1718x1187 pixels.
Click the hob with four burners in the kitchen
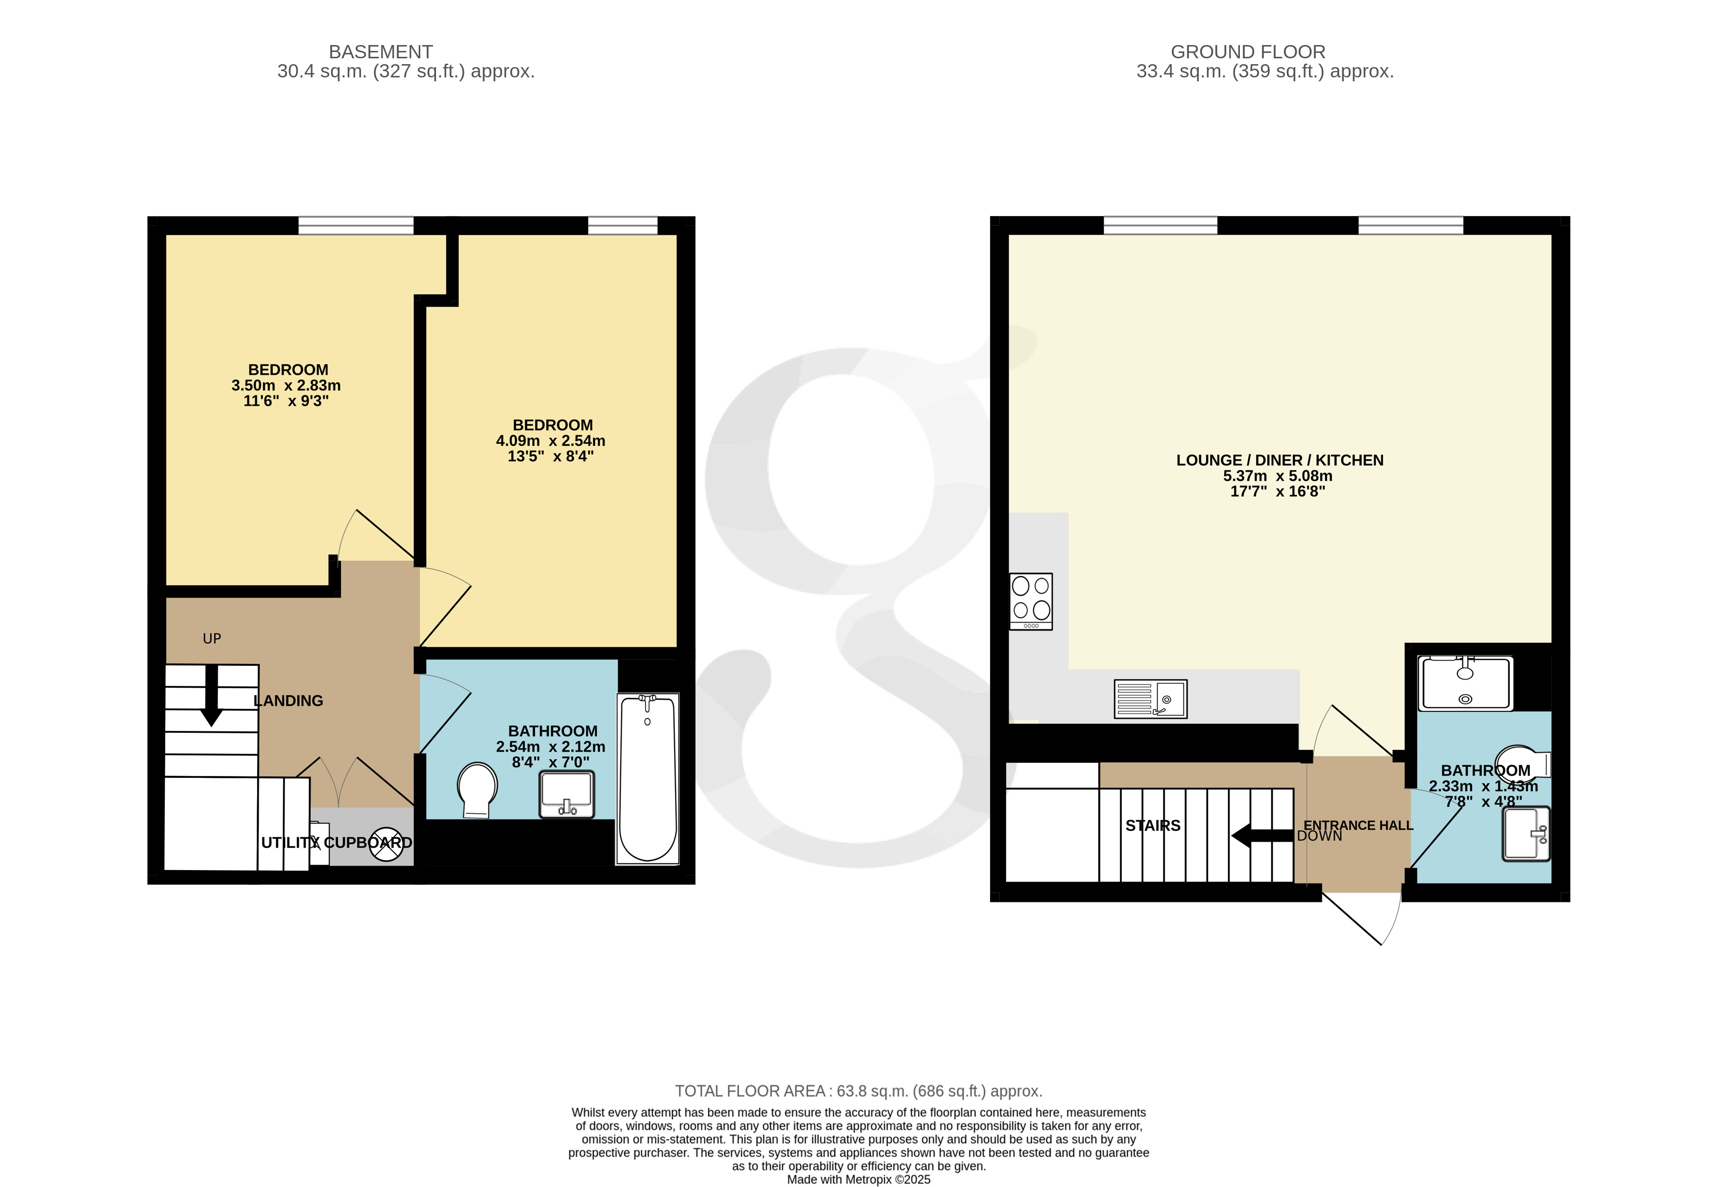[1031, 601]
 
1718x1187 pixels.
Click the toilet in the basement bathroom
[477, 791]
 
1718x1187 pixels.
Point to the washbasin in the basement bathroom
[567, 794]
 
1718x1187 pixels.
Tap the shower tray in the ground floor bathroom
[1465, 683]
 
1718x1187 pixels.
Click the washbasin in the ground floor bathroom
[1526, 834]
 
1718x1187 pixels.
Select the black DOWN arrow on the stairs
[1262, 835]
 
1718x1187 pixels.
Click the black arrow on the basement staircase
[211, 695]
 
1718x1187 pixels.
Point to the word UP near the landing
[212, 638]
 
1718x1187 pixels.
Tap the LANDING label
[289, 701]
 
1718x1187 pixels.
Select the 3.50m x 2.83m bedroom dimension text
[286, 385]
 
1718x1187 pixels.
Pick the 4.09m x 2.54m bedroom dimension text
[551, 440]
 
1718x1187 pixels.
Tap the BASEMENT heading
[381, 52]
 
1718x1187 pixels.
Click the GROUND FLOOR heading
[1248, 52]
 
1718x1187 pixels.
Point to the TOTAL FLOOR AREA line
[859, 1091]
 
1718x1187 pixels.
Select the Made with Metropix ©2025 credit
[859, 1179]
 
